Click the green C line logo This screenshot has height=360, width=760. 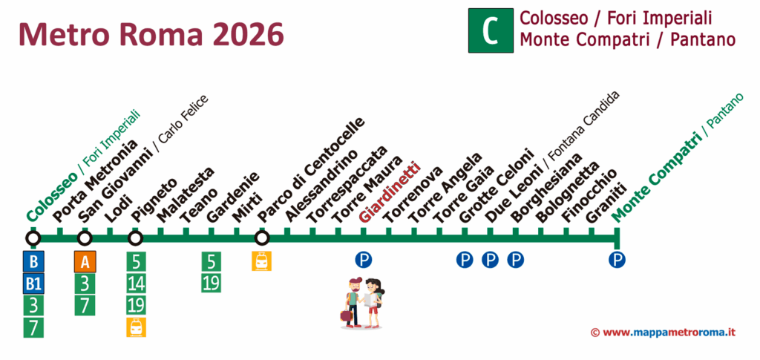point(490,30)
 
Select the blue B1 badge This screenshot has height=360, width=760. point(33,284)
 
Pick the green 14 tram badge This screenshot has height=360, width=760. point(136,284)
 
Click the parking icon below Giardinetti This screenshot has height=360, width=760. point(363,260)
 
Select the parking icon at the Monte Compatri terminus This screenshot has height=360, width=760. point(617,260)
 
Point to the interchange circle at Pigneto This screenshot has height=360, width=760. point(135,238)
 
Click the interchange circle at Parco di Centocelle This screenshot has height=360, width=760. point(261,238)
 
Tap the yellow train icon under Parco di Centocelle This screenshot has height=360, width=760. point(261,261)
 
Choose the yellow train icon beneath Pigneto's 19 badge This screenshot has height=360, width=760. point(136,327)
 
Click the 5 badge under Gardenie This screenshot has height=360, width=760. point(212,261)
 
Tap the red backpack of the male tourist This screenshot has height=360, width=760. point(347,315)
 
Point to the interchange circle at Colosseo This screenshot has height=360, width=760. point(33,238)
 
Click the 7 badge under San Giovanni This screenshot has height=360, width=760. point(85,305)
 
